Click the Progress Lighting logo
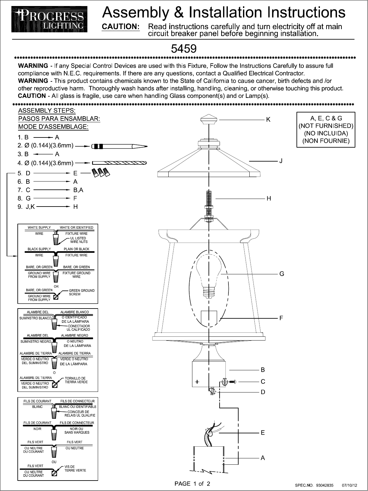(x=49, y=20)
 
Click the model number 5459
(x=184, y=49)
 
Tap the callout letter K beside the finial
(x=268, y=120)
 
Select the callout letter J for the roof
(x=281, y=161)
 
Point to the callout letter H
(x=269, y=199)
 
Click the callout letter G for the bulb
(x=282, y=274)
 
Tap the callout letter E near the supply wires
(x=263, y=433)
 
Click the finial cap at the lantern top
(x=209, y=120)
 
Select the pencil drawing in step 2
(x=119, y=146)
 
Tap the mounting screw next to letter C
(x=232, y=382)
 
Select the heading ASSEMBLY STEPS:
(x=47, y=111)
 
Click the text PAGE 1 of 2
(x=192, y=484)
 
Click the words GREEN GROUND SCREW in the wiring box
(x=82, y=292)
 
